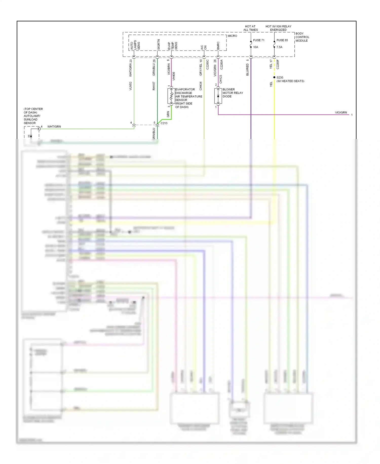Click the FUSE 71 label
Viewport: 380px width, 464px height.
258,40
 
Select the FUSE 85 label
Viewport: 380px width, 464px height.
282,40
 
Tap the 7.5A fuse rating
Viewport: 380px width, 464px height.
279,47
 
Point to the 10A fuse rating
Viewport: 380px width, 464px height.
256,47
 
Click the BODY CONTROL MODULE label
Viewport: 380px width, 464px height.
302,37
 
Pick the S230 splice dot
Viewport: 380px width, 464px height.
274,77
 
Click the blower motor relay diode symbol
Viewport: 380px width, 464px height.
218,96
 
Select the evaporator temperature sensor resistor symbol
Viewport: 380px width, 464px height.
171,96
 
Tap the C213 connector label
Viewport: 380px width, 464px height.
164,123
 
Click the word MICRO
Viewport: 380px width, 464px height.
232,36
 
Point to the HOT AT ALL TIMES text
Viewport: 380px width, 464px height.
250,28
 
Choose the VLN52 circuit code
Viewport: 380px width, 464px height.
131,86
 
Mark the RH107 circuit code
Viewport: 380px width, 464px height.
154,86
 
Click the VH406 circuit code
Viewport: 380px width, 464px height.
174,76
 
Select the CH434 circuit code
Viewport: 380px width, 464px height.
201,86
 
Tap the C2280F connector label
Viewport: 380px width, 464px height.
278,64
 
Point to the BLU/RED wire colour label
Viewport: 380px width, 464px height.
248,70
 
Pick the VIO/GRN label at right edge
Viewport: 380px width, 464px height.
341,112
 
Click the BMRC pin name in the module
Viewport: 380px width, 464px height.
218,46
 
